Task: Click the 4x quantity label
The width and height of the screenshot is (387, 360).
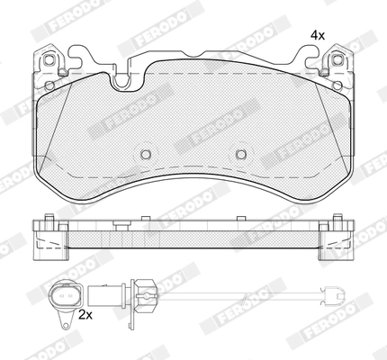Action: [318, 36]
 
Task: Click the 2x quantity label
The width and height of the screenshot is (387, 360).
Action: [85, 315]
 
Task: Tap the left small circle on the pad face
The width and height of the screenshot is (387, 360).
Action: [146, 154]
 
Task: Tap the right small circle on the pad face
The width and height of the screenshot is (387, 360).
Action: [241, 154]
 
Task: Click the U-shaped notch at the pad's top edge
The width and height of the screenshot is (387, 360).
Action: [121, 81]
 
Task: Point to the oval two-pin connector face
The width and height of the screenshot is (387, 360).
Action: [66, 295]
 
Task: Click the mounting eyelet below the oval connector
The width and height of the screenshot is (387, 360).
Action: [65, 324]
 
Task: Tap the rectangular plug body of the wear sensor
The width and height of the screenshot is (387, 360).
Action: [106, 295]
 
